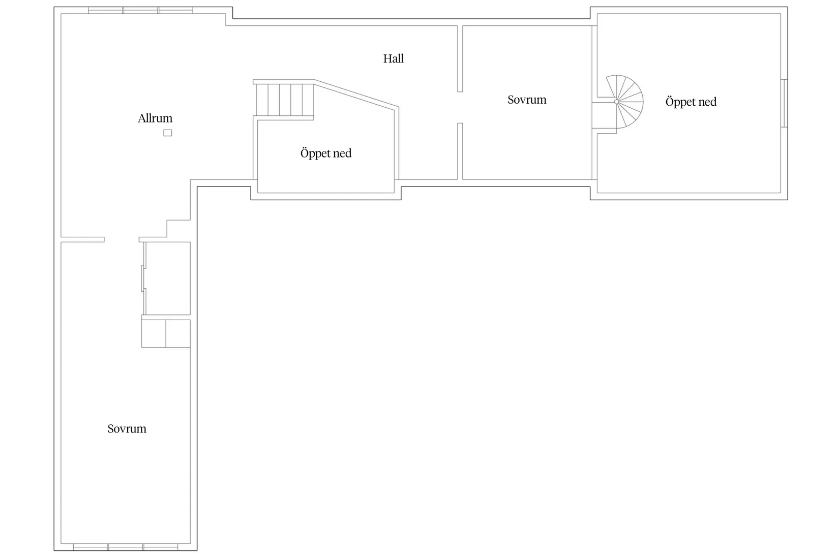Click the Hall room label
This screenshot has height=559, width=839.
393,59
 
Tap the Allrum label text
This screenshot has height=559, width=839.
155,118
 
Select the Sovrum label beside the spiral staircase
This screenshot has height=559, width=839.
527,100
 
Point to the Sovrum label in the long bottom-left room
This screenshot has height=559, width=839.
127,429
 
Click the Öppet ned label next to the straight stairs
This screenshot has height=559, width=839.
326,153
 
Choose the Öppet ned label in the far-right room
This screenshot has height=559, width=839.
691,102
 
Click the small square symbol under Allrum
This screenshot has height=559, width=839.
167,133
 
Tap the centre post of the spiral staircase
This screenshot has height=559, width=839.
616,102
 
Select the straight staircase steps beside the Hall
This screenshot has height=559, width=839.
285,100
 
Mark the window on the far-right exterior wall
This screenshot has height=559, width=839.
784,103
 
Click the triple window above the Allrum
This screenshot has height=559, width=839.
140,10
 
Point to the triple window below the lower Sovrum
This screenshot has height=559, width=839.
126,547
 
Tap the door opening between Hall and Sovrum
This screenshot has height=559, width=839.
460,107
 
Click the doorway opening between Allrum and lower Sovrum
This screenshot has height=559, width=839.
122,240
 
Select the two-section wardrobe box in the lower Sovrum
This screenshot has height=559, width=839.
166,333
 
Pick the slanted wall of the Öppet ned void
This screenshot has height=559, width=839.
356,95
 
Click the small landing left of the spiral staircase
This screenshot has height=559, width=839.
604,115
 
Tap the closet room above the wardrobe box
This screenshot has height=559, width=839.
167,278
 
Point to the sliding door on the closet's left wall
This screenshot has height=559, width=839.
143,278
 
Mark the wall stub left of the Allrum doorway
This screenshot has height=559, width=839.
82,240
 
